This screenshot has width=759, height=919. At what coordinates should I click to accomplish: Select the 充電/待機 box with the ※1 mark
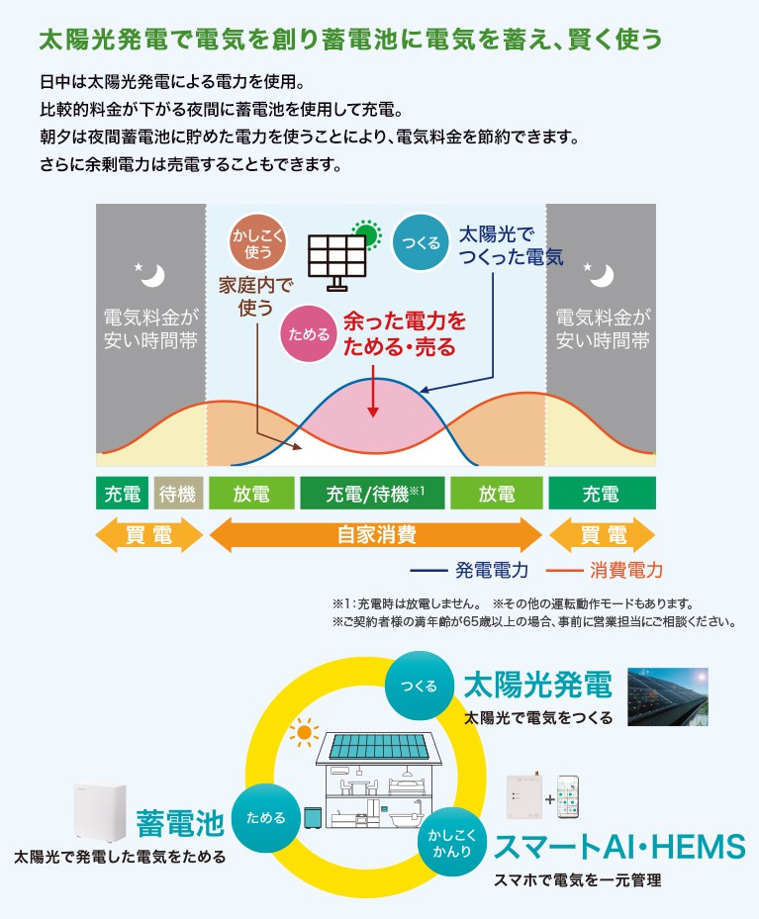click(x=372, y=493)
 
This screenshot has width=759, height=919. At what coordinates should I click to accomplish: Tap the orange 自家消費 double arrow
click(x=376, y=534)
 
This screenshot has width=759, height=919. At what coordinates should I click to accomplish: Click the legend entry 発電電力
click(x=469, y=570)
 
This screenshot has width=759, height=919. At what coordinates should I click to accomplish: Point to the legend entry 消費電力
click(x=605, y=570)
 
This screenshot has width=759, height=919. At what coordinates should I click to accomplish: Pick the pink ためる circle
click(x=309, y=333)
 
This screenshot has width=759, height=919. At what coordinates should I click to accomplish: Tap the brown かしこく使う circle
click(x=257, y=242)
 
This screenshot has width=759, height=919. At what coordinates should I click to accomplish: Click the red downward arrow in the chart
click(x=373, y=392)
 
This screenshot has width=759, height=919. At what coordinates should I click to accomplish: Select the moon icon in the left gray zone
click(x=150, y=275)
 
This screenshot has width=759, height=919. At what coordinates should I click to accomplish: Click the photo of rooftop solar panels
click(x=668, y=696)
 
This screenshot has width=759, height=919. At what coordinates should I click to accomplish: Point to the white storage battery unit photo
click(x=100, y=813)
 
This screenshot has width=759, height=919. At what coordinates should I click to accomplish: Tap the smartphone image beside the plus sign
click(x=567, y=797)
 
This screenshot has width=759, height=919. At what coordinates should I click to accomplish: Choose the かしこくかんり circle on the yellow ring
click(x=452, y=842)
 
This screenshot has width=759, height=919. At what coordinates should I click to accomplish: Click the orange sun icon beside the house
click(x=304, y=733)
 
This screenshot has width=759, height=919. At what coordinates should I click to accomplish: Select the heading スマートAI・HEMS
click(x=620, y=847)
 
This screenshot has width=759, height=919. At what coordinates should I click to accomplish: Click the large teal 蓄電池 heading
click(x=180, y=823)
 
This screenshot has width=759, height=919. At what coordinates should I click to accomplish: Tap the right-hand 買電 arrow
click(x=602, y=534)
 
